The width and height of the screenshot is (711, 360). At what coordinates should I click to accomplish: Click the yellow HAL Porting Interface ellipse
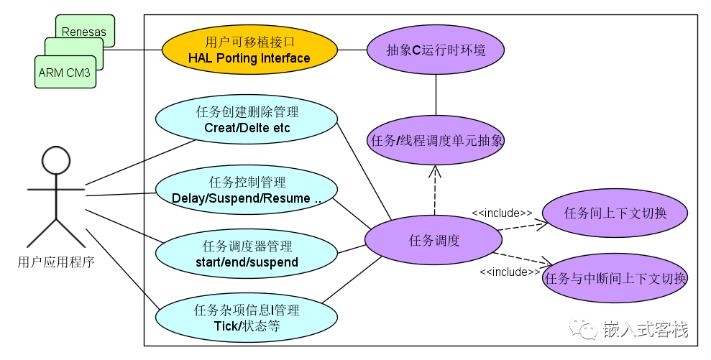pyautogui.click(x=249, y=50)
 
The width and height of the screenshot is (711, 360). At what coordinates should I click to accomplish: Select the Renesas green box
pyautogui.click(x=85, y=31)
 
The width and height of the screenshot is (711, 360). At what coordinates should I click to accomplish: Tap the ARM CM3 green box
pyautogui.click(x=65, y=72)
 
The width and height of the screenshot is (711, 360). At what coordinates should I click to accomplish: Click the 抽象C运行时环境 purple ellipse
pyautogui.click(x=436, y=50)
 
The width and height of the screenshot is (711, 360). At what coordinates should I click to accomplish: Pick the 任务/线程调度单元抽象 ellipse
pyautogui.click(x=436, y=140)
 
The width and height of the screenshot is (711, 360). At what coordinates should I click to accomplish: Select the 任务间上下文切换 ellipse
pyautogui.click(x=615, y=213)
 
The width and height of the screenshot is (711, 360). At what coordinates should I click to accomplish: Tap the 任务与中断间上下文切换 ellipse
pyautogui.click(x=616, y=278)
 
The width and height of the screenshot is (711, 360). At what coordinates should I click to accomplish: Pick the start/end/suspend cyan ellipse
pyautogui.click(x=247, y=254)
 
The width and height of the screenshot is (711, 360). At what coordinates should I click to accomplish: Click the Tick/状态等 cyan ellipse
pyautogui.click(x=247, y=318)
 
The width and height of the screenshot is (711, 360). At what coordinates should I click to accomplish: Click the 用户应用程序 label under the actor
pyautogui.click(x=55, y=262)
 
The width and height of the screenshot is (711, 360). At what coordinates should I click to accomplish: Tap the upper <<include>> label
pyautogui.click(x=502, y=213)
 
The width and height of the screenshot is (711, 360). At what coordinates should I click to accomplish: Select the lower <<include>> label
pyautogui.click(x=510, y=272)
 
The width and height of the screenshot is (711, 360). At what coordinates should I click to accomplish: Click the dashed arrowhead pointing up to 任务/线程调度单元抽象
pyautogui.click(x=436, y=171)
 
